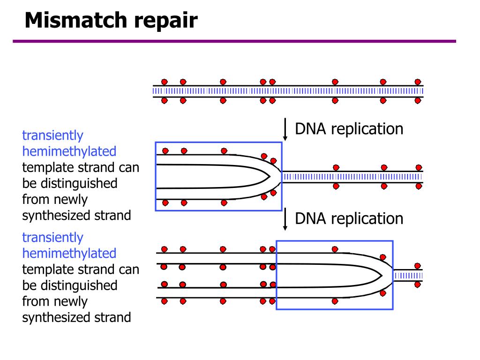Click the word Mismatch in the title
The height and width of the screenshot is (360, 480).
[76, 20]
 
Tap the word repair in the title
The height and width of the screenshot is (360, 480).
[165, 22]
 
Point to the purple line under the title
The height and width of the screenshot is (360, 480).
[234, 41]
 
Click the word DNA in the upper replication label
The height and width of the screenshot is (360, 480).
[310, 129]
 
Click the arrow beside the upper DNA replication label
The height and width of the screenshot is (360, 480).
[285, 129]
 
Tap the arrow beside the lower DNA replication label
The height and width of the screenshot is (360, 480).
[285, 219]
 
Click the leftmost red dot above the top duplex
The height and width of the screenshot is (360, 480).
[165, 82]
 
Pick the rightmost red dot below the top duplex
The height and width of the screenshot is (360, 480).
[418, 100]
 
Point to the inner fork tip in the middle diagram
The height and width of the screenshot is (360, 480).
[270, 176]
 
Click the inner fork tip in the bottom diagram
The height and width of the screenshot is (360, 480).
[382, 276]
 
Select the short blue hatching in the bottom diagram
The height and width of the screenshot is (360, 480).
[409, 276]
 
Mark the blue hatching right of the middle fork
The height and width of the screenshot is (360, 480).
[352, 177]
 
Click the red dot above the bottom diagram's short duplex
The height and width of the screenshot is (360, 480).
[418, 266]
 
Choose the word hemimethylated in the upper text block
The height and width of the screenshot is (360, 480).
[69, 151]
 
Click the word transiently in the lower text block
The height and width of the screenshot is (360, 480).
[52, 238]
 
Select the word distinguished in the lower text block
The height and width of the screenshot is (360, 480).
[79, 285]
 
